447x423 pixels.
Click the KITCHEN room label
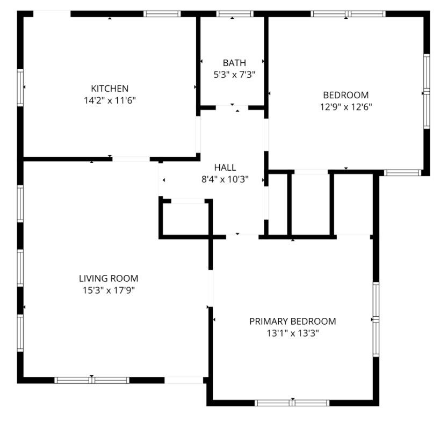tap(110, 89)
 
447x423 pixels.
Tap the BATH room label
tap(234, 63)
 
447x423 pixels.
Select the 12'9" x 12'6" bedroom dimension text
tap(345, 107)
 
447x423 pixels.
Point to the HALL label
tap(225, 167)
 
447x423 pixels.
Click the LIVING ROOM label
tap(109, 279)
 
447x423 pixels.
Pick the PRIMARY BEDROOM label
tap(293, 322)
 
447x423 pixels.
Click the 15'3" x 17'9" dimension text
tap(109, 290)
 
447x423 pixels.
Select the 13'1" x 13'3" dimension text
tap(293, 333)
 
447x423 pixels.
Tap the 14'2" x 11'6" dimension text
tap(110, 100)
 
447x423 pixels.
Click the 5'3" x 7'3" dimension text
tap(234, 75)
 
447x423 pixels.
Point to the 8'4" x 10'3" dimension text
tap(225, 179)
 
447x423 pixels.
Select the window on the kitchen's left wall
tap(21, 87)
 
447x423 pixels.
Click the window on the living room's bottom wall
tap(92, 380)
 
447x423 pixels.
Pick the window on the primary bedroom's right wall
tap(376, 319)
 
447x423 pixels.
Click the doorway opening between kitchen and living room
tap(131, 159)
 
